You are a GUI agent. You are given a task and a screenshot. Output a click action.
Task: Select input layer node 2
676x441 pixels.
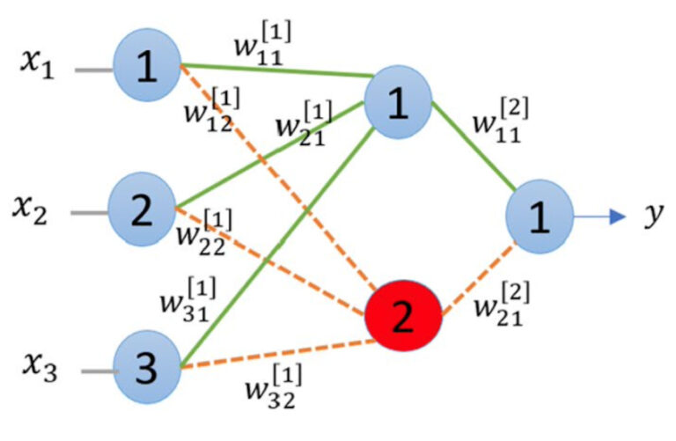pyautogui.click(x=142, y=210)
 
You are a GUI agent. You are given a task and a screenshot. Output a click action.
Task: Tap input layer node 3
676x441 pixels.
pyautogui.click(x=147, y=368)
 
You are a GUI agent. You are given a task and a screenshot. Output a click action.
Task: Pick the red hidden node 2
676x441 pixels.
pyautogui.click(x=402, y=319)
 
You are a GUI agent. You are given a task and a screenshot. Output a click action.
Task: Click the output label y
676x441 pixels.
pyautogui.click(x=651, y=214)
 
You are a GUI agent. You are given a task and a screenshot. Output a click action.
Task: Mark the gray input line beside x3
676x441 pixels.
pyautogui.click(x=98, y=370)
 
